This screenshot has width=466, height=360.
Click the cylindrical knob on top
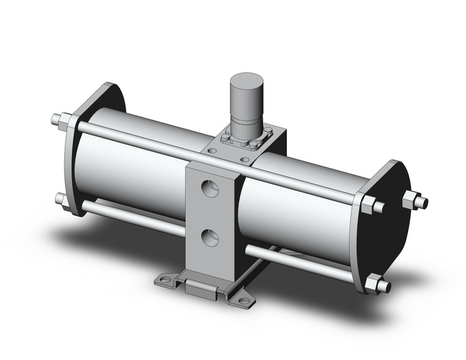[246, 98]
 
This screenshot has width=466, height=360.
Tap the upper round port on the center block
[210, 186]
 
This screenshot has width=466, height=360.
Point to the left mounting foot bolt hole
[164, 280]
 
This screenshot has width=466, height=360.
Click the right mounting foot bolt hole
[244, 301]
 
